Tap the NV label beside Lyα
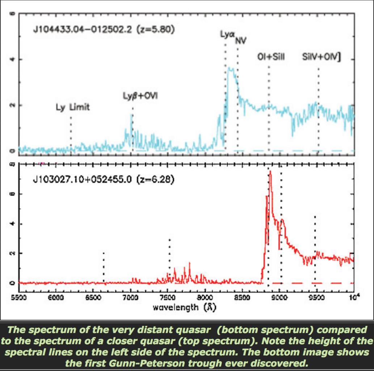[x=240, y=41]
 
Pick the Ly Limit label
[x=72, y=107]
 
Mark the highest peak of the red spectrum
[x=270, y=171]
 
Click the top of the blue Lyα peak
[x=230, y=67]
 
